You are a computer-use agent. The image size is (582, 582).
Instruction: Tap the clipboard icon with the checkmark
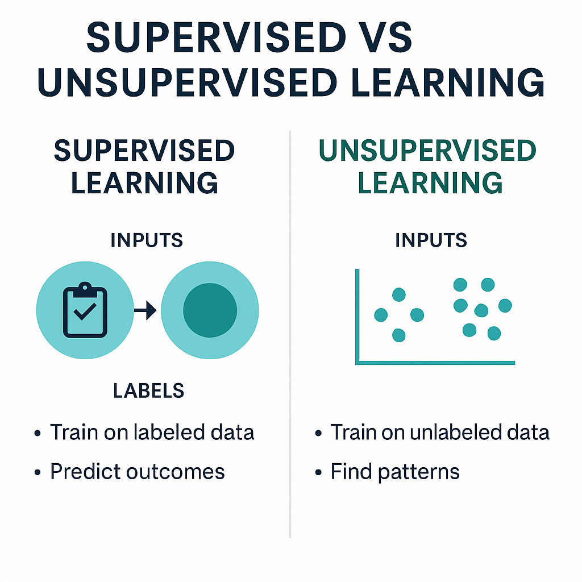(x=85, y=310)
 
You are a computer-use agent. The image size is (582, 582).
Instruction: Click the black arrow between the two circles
(x=147, y=310)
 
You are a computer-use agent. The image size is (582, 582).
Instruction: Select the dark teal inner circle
(x=210, y=310)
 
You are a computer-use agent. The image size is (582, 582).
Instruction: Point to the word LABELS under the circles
(x=148, y=390)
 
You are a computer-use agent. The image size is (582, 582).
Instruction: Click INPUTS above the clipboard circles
(x=147, y=240)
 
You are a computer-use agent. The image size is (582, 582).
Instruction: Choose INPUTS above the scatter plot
(x=431, y=240)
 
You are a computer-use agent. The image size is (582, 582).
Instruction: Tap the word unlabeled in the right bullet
(x=456, y=433)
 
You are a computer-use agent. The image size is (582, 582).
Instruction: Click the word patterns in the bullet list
(x=420, y=471)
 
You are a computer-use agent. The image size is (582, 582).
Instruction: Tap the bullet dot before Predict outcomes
(x=38, y=472)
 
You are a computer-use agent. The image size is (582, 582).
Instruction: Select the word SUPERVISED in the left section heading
(x=144, y=151)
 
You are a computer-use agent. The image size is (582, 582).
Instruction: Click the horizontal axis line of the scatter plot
(x=435, y=362)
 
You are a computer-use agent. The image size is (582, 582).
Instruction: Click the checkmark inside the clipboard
(x=85, y=312)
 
